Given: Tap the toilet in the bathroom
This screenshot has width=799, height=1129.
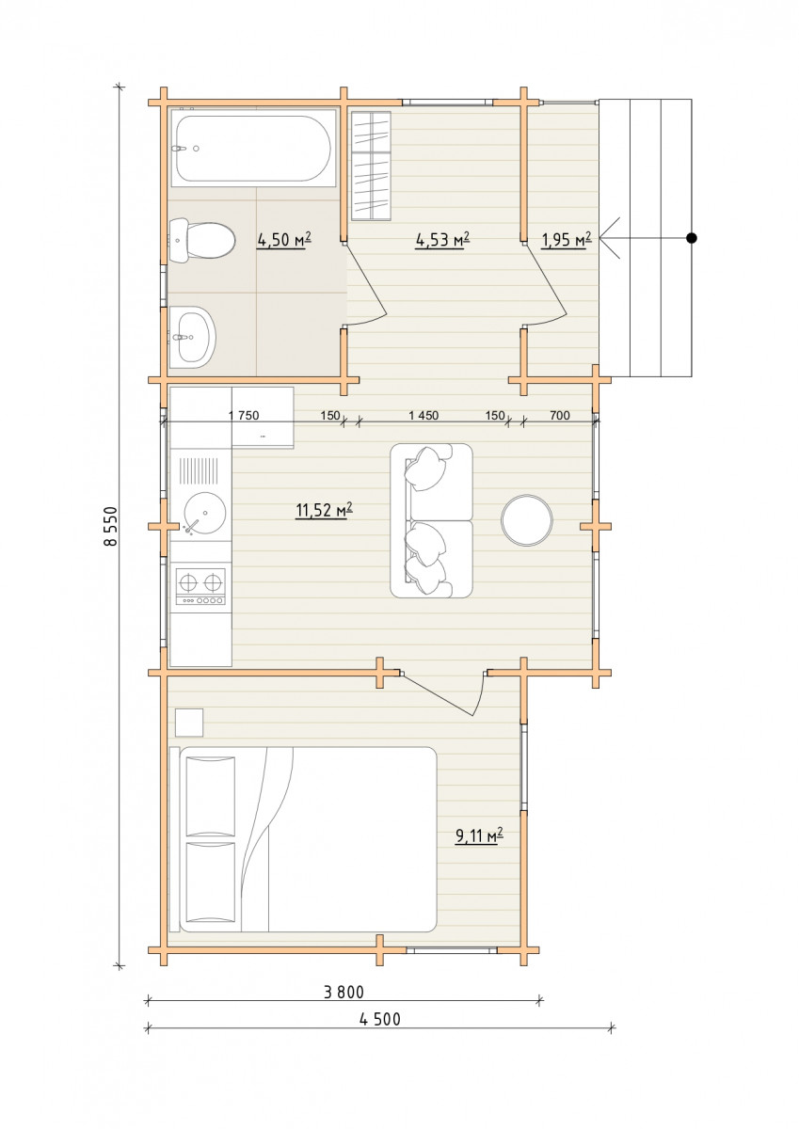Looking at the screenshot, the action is [x=202, y=241].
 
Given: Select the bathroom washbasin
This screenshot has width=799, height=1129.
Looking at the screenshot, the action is [x=193, y=336].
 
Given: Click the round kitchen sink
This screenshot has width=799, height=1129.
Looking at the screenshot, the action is [x=204, y=513].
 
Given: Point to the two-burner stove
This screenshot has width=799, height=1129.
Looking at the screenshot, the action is [x=200, y=586].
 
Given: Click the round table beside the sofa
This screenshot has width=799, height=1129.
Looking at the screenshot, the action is [x=527, y=520].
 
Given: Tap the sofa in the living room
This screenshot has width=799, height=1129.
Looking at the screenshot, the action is [x=432, y=520].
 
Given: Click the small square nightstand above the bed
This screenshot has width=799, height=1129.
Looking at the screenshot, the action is [x=189, y=723].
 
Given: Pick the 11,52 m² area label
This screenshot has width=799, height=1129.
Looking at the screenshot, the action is [x=324, y=510].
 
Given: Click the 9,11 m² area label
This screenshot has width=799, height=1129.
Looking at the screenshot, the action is [x=479, y=835].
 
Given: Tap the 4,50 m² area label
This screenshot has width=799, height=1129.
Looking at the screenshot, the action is [x=284, y=240].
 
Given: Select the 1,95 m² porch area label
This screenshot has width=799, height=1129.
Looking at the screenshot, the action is [x=567, y=240].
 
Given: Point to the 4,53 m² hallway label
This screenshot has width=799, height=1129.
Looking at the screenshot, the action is [x=443, y=240].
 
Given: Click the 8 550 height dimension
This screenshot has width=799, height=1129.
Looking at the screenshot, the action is [x=110, y=526].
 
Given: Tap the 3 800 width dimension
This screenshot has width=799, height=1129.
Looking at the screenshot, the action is [x=344, y=992].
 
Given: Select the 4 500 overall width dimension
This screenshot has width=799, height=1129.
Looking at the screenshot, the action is [x=380, y=1019].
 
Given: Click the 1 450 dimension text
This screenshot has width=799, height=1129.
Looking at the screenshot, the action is [x=423, y=415].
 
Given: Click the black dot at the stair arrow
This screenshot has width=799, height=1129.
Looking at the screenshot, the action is [x=692, y=238].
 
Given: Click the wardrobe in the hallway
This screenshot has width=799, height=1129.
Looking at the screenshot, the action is [x=371, y=166].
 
